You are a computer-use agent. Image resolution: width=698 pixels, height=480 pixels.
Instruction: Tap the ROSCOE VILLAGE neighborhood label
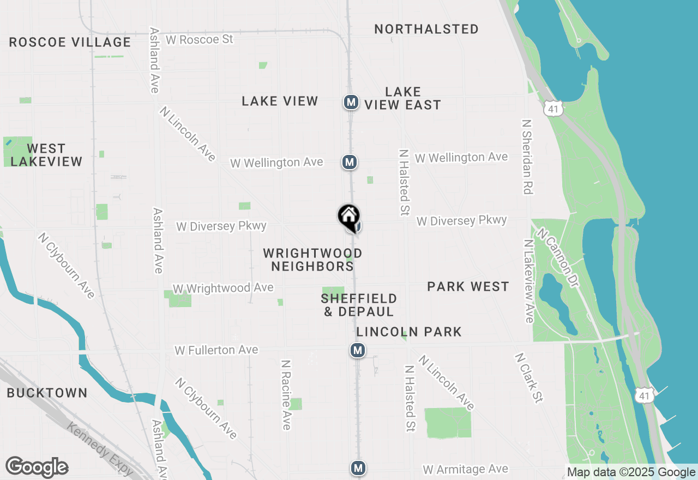(70, 43)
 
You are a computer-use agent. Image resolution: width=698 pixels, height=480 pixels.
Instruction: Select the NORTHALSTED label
(426, 29)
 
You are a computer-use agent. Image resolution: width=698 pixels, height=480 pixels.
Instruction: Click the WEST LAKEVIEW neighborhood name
(46, 155)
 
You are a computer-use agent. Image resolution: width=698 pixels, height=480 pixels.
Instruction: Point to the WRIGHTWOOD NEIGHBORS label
(312, 260)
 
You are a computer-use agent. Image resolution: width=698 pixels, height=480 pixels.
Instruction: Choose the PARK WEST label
(468, 286)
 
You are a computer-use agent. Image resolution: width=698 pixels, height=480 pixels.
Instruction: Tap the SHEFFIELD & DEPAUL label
(359, 305)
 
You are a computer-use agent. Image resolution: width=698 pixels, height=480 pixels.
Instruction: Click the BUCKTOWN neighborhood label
(47, 393)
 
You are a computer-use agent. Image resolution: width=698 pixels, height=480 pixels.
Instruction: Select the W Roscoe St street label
(200, 40)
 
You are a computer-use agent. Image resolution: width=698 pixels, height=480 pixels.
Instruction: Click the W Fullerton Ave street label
(216, 350)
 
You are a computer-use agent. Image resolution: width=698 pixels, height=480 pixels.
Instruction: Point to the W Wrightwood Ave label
(223, 288)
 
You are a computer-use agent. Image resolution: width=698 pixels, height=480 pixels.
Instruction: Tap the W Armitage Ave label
(465, 469)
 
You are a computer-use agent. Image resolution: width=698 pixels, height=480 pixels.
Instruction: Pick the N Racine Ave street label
(285, 394)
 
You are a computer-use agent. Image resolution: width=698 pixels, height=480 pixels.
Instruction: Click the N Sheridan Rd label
(527, 157)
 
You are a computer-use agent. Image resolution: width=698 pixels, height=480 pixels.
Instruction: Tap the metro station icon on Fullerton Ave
(358, 350)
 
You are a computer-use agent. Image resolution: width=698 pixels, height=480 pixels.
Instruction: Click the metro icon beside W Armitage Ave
(358, 468)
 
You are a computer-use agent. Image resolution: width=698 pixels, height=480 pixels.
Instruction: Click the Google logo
(37, 467)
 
